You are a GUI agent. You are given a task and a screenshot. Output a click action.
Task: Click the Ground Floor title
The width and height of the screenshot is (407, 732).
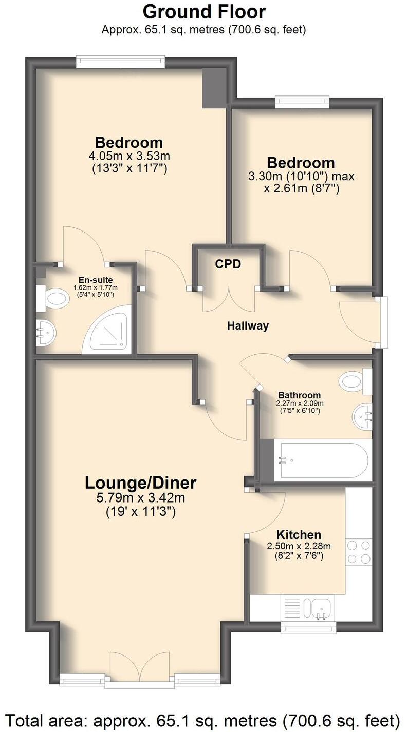(204, 11)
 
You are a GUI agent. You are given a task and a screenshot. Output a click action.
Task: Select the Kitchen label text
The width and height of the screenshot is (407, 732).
(299, 534)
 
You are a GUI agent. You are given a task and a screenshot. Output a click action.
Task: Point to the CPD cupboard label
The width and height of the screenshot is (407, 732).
(228, 264)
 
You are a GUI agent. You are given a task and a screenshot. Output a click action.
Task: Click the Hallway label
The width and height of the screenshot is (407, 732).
(248, 325)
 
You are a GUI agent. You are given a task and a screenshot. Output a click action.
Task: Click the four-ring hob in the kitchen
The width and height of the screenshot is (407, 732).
(359, 552)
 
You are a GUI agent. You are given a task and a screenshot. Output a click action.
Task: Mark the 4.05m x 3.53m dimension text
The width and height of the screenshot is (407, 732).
(129, 156)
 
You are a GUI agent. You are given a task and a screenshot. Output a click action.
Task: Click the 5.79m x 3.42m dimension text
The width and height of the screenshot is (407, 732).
(140, 497)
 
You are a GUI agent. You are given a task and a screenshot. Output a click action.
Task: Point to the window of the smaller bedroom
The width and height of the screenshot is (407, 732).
(302, 101)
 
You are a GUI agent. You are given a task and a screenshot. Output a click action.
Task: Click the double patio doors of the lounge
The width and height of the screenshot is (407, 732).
(140, 669)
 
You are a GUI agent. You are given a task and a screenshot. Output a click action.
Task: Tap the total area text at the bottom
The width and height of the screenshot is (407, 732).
(203, 719)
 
